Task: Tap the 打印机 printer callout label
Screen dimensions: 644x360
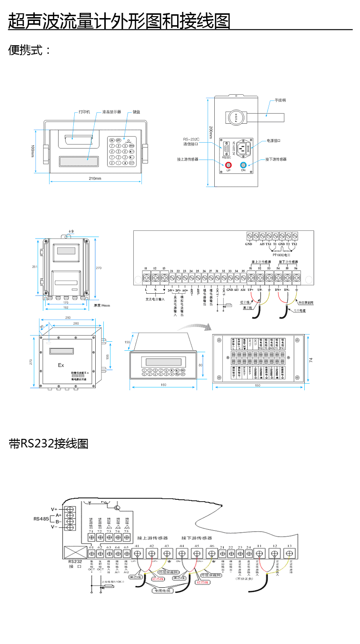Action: (x=84, y=112)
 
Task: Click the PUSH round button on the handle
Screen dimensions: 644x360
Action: (x=235, y=118)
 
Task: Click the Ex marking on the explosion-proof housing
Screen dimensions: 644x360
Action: (x=60, y=365)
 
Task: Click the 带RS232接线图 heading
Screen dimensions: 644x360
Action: (x=49, y=444)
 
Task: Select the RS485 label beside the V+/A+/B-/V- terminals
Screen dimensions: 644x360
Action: (x=41, y=518)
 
